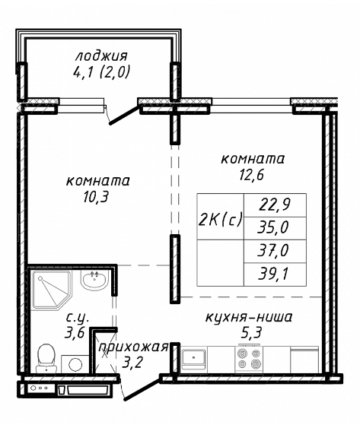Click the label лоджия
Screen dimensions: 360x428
101,56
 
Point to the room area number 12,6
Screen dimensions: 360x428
251,174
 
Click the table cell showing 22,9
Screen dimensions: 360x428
275,205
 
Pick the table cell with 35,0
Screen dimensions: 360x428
275,228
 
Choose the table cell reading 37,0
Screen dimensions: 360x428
275,252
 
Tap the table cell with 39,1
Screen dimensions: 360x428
275,274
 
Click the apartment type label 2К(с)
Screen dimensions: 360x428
220,219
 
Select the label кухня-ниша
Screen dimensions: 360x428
249,318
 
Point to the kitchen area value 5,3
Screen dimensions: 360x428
251,332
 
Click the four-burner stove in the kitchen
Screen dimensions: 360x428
249,360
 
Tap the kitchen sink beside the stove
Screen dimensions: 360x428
193,357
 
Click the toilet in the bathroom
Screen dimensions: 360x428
46,358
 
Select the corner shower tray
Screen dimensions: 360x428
52,290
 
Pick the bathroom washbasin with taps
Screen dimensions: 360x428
94,281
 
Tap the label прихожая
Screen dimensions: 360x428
133,347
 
